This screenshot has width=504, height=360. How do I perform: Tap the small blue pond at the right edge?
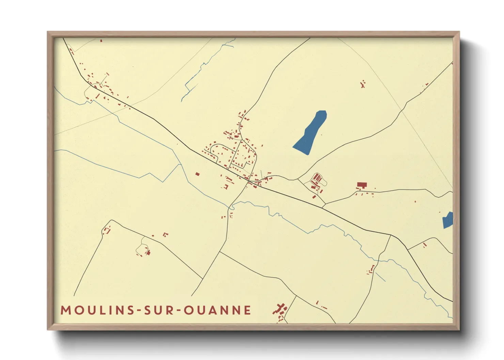(x=448, y=220)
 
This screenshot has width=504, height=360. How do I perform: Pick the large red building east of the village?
(x=362, y=185)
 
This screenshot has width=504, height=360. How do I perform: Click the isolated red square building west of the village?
(x=197, y=174)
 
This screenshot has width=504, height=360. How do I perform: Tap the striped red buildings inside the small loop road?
(x=317, y=178)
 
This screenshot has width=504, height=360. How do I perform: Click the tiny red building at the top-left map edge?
(x=101, y=40)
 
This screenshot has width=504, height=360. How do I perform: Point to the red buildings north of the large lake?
(x=363, y=84)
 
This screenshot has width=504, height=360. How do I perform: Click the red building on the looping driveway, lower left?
(x=148, y=252)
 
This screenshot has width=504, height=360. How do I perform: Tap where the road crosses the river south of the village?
(x=232, y=206)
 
